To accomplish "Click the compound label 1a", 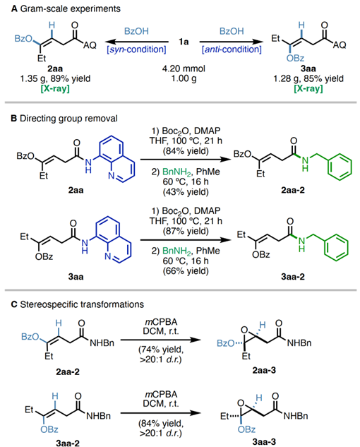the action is (184, 42).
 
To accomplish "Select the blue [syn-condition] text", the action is (136, 49).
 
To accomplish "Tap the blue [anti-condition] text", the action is (232, 49).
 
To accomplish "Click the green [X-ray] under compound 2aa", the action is (55, 88).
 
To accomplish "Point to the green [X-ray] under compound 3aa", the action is (308, 88).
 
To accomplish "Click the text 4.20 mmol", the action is (184, 68).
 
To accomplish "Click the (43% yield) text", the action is (186, 192).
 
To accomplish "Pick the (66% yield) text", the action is (186, 271).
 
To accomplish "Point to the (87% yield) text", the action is (186, 231).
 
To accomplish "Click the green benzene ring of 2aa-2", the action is (340, 167).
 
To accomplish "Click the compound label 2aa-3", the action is (264, 370).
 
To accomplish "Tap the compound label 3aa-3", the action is (264, 441).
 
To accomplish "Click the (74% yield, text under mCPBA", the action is (161, 350).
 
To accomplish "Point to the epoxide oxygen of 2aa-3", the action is (244, 330).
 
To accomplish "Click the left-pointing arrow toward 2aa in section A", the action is (136, 42).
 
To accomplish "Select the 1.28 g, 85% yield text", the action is (308, 78).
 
